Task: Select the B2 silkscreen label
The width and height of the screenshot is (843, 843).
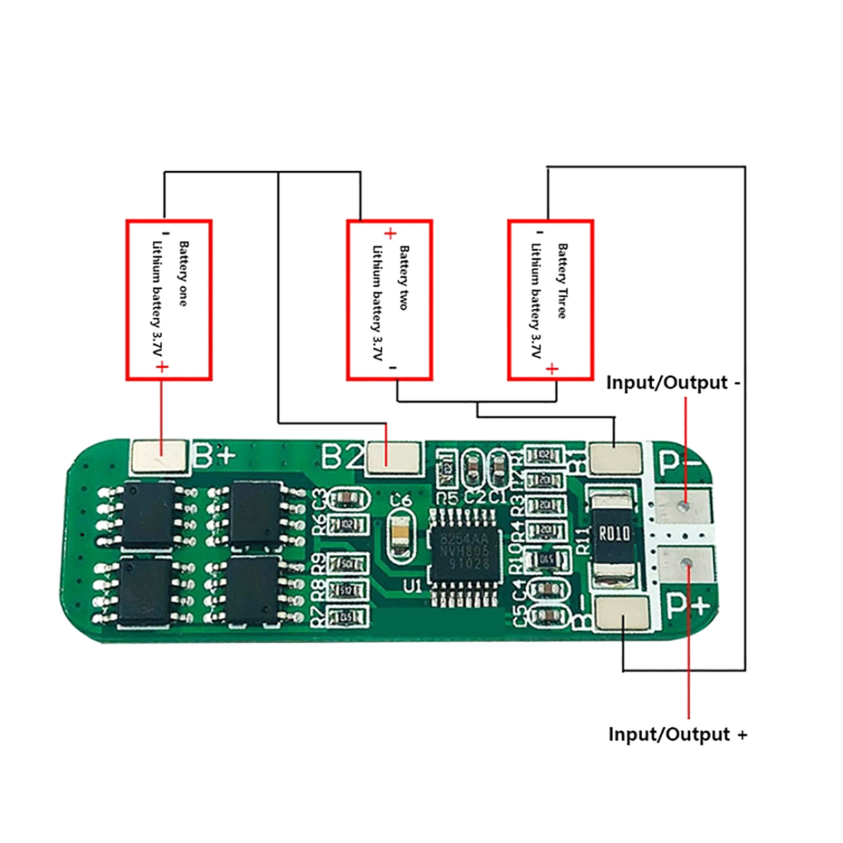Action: point(342,456)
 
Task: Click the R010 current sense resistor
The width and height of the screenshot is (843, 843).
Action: point(614,534)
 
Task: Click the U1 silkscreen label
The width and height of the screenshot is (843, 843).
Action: point(413,586)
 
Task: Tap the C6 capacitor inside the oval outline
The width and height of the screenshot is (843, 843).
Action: point(401,535)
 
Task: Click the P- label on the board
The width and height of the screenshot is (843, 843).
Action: point(680,463)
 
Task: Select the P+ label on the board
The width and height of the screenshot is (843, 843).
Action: point(688,606)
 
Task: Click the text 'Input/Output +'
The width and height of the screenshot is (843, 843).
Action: point(678,734)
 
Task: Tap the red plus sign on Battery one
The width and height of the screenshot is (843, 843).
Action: point(162,367)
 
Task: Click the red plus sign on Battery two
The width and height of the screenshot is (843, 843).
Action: point(390,233)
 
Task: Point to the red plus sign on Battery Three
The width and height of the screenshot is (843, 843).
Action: point(552,368)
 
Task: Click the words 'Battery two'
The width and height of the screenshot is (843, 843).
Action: point(404,278)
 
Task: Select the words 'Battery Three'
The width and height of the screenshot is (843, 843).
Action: point(563,280)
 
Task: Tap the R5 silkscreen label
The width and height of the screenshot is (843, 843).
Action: point(448,497)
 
